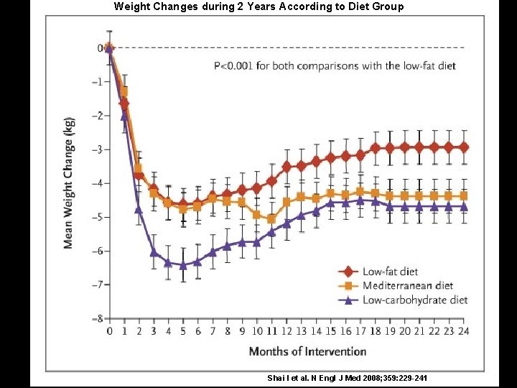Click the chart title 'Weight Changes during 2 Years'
(258, 6)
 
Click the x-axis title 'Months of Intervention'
(307, 351)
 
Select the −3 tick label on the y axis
(97, 149)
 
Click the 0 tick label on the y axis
(100, 48)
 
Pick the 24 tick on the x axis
(463, 331)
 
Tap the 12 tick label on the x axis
(287, 331)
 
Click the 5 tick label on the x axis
(183, 331)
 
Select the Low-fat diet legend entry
(381, 272)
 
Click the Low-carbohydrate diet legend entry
(405, 300)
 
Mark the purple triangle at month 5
(183, 265)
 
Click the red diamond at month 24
(463, 147)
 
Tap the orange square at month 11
(271, 219)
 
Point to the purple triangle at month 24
(463, 206)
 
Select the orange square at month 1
(124, 91)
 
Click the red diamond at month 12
(287, 167)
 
